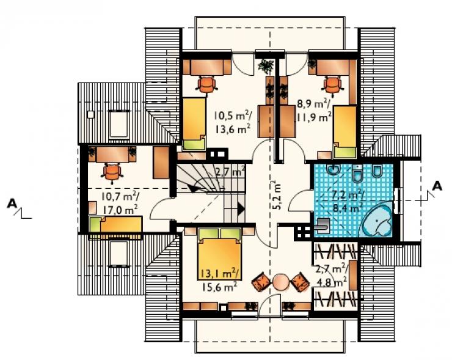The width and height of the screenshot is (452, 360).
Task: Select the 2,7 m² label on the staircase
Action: point(230,172)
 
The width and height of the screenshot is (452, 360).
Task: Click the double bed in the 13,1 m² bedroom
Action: point(219,254)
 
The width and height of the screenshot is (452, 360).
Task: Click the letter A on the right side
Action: point(437,186)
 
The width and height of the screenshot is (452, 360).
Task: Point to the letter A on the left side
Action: point(12,204)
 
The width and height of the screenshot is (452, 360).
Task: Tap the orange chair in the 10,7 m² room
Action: point(112,172)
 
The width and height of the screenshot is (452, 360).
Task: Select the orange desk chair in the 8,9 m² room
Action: point(333,85)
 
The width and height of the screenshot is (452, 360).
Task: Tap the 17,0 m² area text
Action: point(119,209)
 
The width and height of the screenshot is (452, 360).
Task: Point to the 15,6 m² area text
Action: point(219,287)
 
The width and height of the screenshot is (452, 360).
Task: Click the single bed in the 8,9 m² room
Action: point(344,132)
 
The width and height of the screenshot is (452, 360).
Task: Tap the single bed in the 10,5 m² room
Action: point(195,124)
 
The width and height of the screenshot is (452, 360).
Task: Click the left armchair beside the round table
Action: point(261,281)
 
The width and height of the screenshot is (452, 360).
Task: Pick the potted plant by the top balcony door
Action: point(266,67)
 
